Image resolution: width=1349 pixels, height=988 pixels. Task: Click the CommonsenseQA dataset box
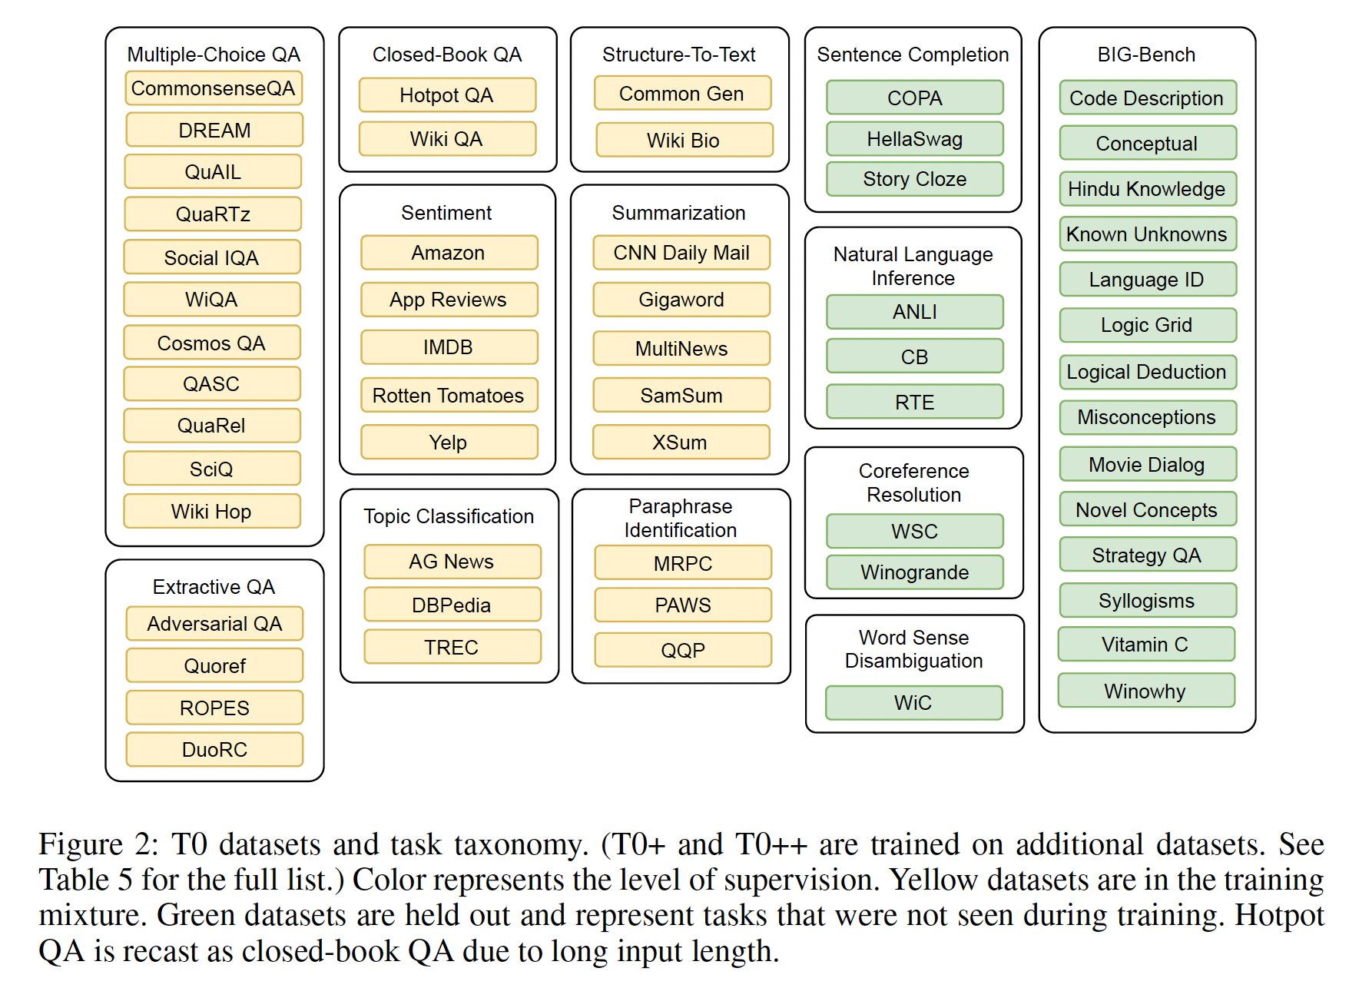tap(214, 88)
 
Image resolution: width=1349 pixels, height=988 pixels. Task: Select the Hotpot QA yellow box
tap(447, 95)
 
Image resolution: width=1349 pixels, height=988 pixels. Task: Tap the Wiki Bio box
tap(684, 140)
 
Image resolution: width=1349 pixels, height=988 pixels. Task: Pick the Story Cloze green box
tap(914, 179)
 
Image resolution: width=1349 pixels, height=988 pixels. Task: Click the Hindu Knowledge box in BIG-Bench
tap(1147, 189)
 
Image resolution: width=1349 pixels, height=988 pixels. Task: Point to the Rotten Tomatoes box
tap(449, 396)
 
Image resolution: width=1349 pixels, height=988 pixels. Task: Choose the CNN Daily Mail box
tap(681, 253)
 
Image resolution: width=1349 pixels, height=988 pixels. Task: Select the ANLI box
tap(914, 312)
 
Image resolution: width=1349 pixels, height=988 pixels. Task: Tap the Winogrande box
tap(914, 572)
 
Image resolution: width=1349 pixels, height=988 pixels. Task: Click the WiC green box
tap(913, 703)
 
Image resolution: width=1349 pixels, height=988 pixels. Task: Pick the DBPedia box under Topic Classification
tap(452, 605)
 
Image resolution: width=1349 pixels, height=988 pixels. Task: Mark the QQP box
tap(683, 650)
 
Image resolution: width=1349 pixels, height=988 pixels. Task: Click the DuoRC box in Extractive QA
tap(214, 750)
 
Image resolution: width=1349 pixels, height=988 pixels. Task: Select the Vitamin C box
tap(1145, 645)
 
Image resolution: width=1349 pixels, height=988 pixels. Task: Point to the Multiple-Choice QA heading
tap(214, 55)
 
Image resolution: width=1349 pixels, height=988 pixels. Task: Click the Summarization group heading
tap(679, 213)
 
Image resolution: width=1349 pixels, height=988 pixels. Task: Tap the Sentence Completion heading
tap(913, 55)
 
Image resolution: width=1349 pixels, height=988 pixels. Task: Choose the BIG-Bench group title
tap(1146, 55)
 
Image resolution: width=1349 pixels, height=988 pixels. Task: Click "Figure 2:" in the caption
tap(98, 844)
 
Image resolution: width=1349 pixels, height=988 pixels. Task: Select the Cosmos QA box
tap(211, 343)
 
